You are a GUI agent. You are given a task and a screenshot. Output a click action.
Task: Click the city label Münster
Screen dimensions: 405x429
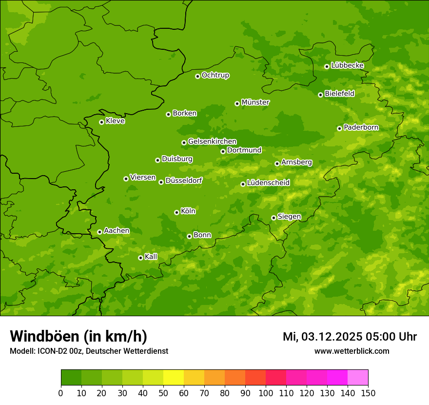(x=255, y=102)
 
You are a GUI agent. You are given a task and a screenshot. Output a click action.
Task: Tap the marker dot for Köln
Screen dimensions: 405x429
(x=176, y=212)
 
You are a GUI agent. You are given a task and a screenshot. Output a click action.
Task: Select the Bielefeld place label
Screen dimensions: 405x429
(x=339, y=94)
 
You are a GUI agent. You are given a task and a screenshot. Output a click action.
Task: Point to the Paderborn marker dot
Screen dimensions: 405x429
(x=340, y=128)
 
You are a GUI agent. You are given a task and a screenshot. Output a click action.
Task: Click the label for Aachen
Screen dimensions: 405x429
(x=117, y=231)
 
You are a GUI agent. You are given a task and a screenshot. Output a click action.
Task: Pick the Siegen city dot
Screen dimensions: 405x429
(x=274, y=218)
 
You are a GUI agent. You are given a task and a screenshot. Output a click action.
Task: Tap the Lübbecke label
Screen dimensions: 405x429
(x=347, y=65)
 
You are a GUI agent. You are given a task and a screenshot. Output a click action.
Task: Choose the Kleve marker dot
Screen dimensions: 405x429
(x=101, y=122)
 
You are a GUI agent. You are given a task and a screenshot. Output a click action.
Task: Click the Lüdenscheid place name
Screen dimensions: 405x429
(x=268, y=183)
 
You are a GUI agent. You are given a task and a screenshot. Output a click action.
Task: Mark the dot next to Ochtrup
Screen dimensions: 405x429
(x=197, y=76)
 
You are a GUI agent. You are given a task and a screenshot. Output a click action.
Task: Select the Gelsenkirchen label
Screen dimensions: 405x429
(x=212, y=142)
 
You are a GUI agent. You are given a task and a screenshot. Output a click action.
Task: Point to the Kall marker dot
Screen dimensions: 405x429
(x=140, y=258)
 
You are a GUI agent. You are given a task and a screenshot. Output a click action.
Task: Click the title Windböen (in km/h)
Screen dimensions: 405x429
(x=78, y=336)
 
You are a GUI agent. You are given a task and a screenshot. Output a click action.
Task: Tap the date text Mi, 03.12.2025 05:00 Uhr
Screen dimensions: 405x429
(x=350, y=337)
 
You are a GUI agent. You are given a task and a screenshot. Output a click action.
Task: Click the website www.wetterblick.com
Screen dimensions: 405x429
(x=351, y=351)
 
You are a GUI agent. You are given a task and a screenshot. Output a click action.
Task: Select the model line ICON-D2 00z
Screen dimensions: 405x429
(x=89, y=351)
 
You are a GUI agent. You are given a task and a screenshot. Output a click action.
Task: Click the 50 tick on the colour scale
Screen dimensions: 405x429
(x=163, y=393)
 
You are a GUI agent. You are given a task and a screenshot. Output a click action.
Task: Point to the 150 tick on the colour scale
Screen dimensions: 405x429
(x=368, y=393)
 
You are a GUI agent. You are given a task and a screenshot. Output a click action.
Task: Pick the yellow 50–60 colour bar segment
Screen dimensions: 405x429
(x=174, y=378)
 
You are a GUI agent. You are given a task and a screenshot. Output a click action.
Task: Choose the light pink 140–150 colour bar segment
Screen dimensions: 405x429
(x=358, y=378)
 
